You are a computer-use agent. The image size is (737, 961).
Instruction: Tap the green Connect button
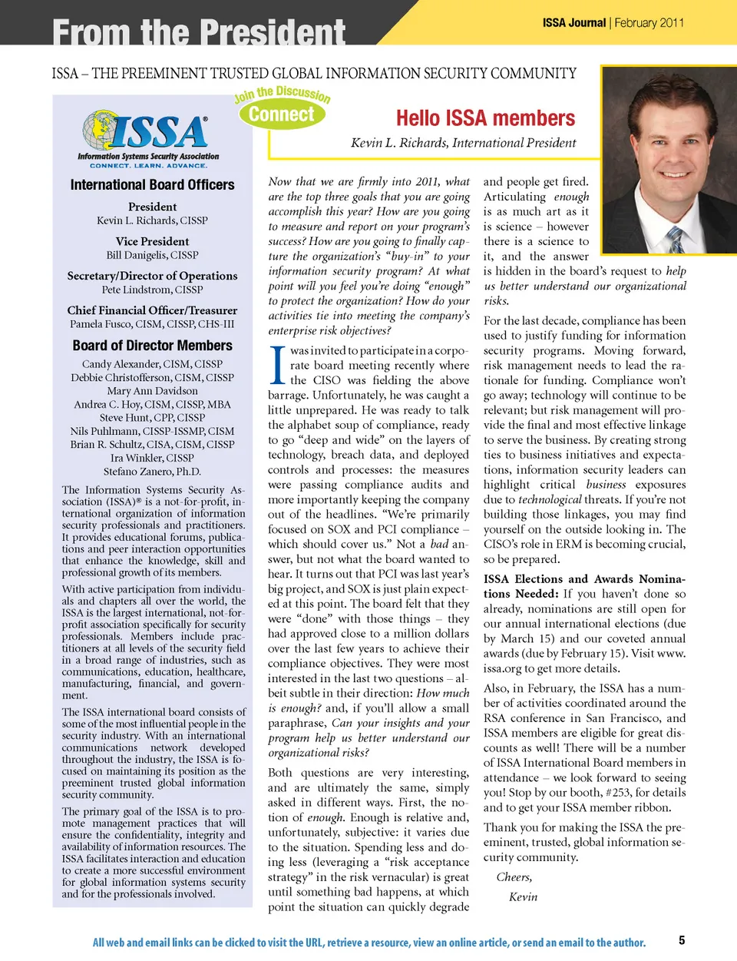tap(282, 114)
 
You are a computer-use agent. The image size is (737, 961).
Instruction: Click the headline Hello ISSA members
tap(485, 118)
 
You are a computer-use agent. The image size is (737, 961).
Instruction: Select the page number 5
tap(682, 940)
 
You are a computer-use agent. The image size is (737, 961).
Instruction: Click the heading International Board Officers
tap(152, 185)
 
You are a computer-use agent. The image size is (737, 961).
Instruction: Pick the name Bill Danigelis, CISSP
tap(152, 255)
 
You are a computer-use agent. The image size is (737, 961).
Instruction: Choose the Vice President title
tap(152, 241)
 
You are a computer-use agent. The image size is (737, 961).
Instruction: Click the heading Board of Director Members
tap(152, 346)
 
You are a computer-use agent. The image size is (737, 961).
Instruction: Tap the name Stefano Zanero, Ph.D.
tap(152, 472)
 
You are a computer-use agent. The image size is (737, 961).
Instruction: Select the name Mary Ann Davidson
tap(152, 391)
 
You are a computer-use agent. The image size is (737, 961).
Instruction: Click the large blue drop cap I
tap(278, 366)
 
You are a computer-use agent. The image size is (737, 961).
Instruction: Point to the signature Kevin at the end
tap(523, 897)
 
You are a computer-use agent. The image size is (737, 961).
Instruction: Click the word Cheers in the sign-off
tap(514, 877)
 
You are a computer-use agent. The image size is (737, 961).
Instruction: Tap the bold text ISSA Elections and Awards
tap(547, 579)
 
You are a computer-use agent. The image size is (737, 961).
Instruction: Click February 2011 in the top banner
tap(649, 23)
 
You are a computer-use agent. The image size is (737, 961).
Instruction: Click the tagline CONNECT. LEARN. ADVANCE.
tap(148, 166)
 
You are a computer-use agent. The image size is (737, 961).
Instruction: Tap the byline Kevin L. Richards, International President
tap(463, 143)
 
